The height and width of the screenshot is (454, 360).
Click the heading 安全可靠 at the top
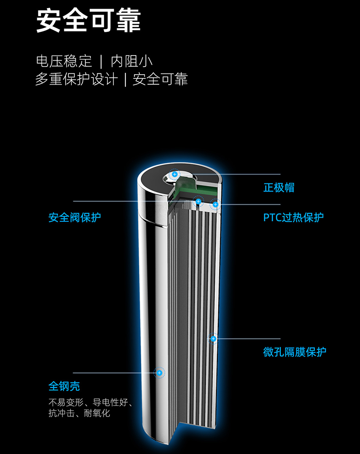click(88, 20)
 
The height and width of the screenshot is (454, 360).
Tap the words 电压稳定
click(64, 61)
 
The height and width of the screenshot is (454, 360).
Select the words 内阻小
click(132, 61)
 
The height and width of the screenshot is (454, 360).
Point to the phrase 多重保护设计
click(76, 80)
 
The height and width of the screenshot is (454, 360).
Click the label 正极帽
click(279, 188)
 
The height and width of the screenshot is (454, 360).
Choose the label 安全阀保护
click(75, 217)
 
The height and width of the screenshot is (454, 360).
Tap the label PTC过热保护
click(293, 217)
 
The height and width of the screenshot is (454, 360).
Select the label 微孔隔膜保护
click(295, 352)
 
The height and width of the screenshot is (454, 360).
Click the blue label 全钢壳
click(64, 386)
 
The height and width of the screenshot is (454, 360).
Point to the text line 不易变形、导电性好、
click(91, 403)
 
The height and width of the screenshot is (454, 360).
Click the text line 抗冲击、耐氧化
click(80, 413)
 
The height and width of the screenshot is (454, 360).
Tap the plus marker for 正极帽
click(174, 174)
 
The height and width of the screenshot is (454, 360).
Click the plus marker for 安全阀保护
click(198, 201)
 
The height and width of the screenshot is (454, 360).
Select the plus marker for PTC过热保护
click(216, 204)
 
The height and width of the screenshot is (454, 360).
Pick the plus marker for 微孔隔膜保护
click(213, 338)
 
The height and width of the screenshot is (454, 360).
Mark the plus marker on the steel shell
click(159, 372)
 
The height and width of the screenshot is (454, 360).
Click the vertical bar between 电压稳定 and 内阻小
click(101, 61)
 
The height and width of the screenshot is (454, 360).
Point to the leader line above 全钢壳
click(114, 372)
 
